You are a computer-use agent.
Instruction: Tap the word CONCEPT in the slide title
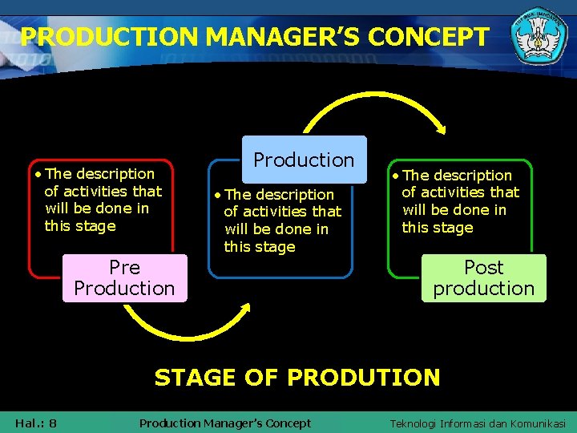(434, 36)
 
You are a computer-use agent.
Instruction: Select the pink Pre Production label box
(124, 277)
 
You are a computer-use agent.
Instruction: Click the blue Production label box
(304, 160)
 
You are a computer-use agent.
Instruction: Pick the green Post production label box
(483, 277)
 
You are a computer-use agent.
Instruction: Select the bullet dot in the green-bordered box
(395, 176)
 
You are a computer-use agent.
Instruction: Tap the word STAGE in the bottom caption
(195, 377)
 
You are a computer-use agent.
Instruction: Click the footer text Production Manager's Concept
(224, 423)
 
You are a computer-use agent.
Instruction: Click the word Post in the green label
(484, 267)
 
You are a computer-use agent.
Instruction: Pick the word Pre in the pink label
(124, 267)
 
